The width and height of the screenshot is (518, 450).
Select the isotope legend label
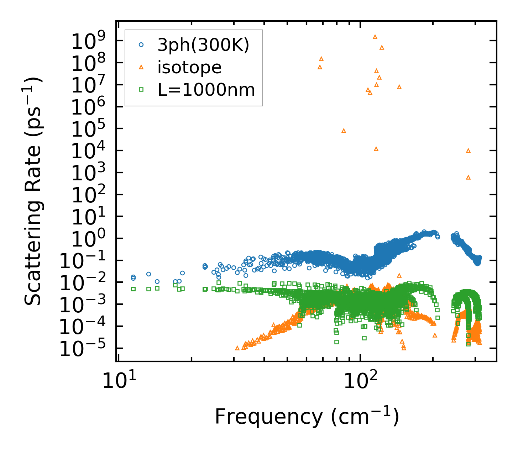(189, 67)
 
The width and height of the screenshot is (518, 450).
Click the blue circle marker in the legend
(141, 45)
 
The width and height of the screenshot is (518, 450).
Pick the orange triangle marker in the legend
(141, 67)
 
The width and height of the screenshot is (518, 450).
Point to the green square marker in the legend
(141, 90)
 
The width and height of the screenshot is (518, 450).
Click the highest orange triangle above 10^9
(375, 37)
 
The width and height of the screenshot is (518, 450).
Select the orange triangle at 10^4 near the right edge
(468, 151)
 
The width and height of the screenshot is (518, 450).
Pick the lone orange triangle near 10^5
(344, 131)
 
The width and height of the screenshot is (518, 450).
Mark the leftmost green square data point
(133, 289)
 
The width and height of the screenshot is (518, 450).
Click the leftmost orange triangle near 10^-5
(237, 348)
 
